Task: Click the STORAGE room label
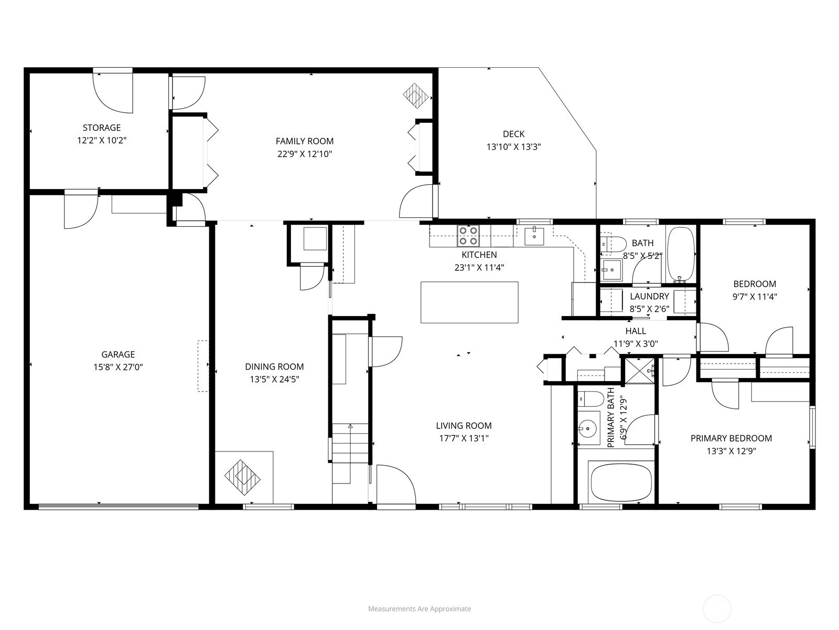(102, 128)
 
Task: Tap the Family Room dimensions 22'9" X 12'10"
(305, 154)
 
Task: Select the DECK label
(514, 134)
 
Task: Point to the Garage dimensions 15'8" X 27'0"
(118, 367)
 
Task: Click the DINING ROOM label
(274, 366)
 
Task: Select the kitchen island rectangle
(469, 302)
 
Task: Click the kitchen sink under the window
(534, 236)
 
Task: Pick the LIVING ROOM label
(464, 425)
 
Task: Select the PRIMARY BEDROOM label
(731, 438)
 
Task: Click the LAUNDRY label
(649, 296)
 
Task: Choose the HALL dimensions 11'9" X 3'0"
(636, 344)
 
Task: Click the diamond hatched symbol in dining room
(242, 477)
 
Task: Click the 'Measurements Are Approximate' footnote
(419, 608)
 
